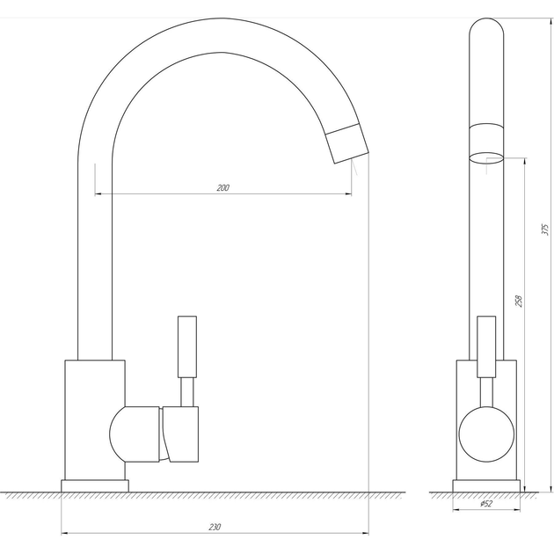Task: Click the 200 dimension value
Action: [x=223, y=187]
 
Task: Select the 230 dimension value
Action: [x=215, y=527]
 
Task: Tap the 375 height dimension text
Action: [x=545, y=230]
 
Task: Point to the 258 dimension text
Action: [x=519, y=301]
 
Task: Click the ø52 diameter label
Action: [x=486, y=504]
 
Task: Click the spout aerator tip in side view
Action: [x=347, y=143]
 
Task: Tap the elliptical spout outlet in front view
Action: [x=486, y=158]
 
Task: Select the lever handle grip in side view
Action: [x=187, y=347]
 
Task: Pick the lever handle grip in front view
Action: [x=486, y=347]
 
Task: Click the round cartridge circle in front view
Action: [x=486, y=434]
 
